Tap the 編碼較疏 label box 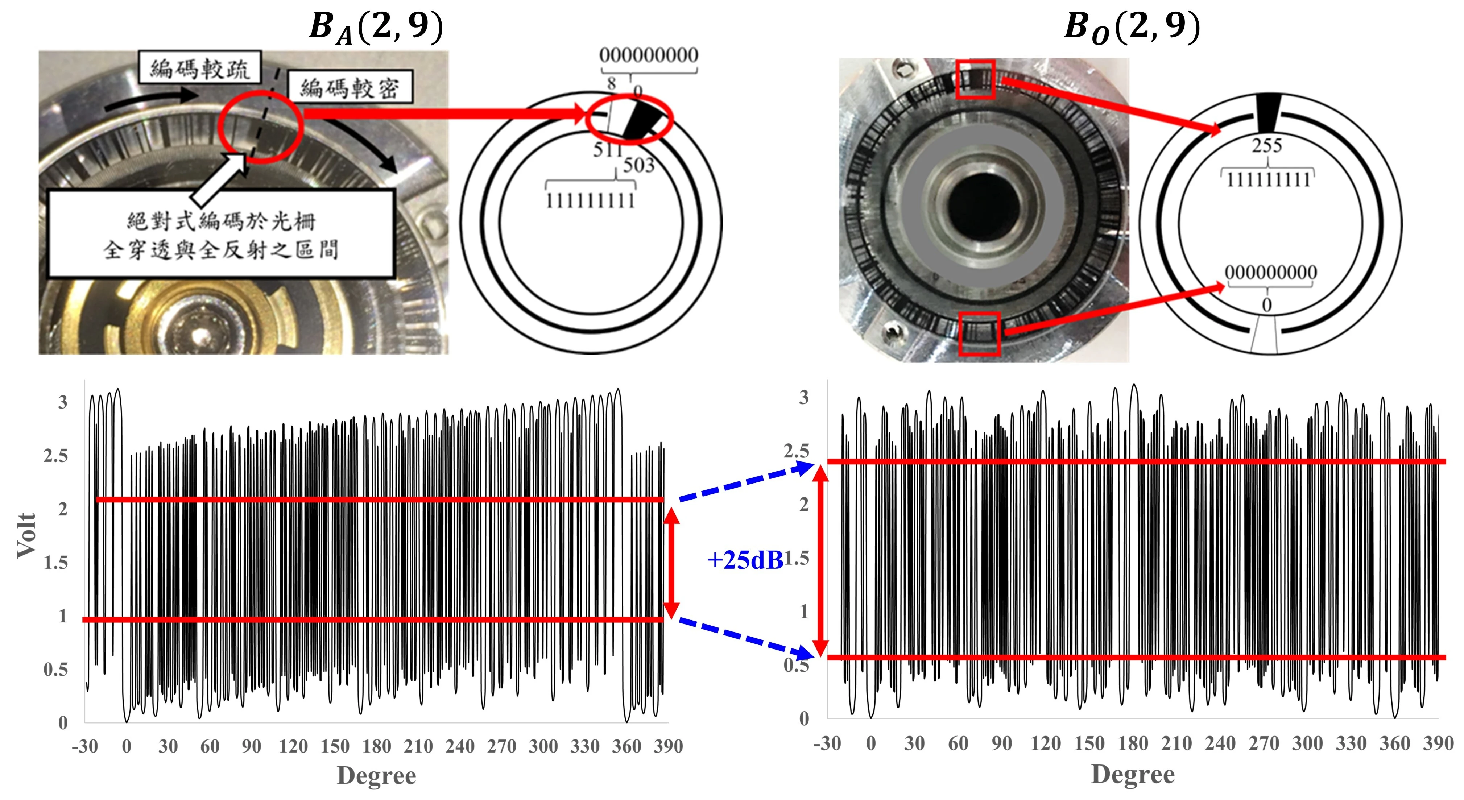pyautogui.click(x=199, y=68)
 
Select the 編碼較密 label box pyautogui.click(x=350, y=87)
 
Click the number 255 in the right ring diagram pyautogui.click(x=1267, y=145)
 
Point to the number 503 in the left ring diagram pyautogui.click(x=639, y=165)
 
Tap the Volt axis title pyautogui.click(x=26, y=535)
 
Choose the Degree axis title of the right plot pyautogui.click(x=1133, y=774)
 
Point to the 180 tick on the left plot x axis pyautogui.click(x=377, y=746)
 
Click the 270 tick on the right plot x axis pyautogui.click(x=1264, y=743)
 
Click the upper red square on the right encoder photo pyautogui.click(x=975, y=79)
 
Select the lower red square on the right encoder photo pyautogui.click(x=979, y=334)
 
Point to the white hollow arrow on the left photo pyautogui.click(x=219, y=182)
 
